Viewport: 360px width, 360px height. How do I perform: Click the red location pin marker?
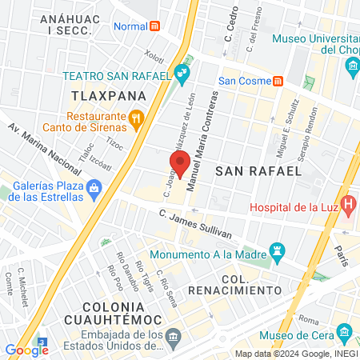(x=180, y=162)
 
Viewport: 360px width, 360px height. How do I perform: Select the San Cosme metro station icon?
(x=278, y=80)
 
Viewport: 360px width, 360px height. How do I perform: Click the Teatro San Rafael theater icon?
(x=182, y=75)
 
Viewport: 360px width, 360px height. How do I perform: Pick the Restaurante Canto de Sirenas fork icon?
(x=136, y=120)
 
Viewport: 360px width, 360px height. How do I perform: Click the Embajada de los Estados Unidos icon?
(x=173, y=342)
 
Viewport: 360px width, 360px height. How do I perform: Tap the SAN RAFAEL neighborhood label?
(x=258, y=170)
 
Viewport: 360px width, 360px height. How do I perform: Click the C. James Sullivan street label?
(x=195, y=223)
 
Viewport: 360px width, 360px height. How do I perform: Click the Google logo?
(x=26, y=349)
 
